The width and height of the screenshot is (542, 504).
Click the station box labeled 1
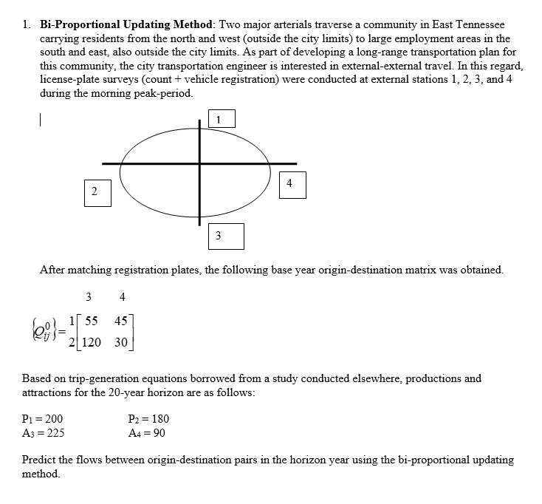(x=220, y=118)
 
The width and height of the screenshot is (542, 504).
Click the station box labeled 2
(x=95, y=191)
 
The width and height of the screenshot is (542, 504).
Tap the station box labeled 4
(x=290, y=184)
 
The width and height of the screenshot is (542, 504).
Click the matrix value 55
(x=92, y=321)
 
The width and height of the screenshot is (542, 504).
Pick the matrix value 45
(x=123, y=321)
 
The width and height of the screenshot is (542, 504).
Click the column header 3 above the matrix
(x=89, y=297)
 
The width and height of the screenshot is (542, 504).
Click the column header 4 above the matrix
(x=122, y=297)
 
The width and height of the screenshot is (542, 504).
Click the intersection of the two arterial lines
(x=199, y=163)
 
